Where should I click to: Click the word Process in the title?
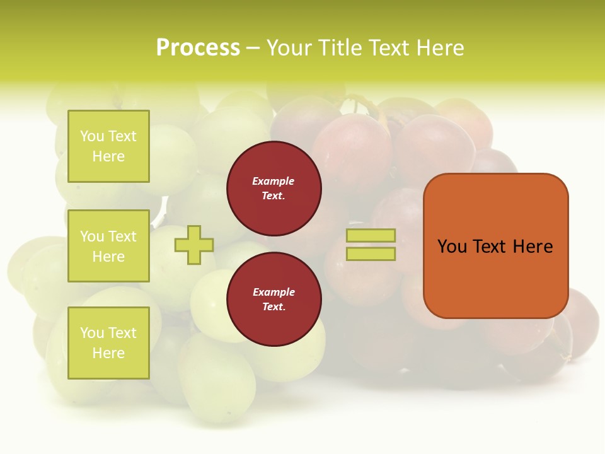(198, 48)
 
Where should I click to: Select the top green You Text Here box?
(108, 146)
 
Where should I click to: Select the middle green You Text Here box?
(108, 246)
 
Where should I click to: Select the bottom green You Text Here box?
(108, 342)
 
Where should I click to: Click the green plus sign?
(194, 245)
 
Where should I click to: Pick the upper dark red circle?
(274, 188)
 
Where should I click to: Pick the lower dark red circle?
(274, 299)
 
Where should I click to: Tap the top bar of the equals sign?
(371, 236)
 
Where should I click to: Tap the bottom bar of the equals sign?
(371, 253)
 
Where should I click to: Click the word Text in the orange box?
(490, 247)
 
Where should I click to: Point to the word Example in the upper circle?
(273, 181)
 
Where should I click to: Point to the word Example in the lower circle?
(273, 292)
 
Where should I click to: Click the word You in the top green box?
(92, 136)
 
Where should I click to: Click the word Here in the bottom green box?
(108, 353)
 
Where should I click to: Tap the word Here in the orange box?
(533, 247)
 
